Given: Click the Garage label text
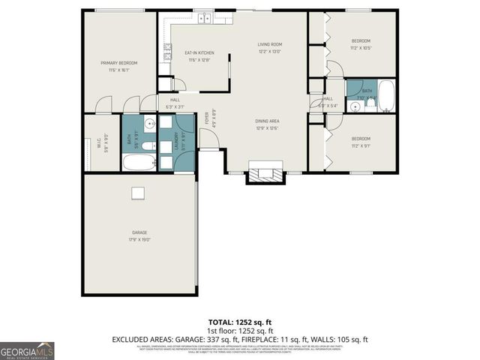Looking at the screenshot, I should pyautogui.click(x=139, y=237).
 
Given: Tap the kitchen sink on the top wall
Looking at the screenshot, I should pyautogui.click(x=203, y=18).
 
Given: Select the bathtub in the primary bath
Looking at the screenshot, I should pyautogui.click(x=139, y=163).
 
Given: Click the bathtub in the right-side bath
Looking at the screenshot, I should pyautogui.click(x=387, y=96).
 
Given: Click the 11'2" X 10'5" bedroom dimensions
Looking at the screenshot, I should pyautogui.click(x=361, y=47).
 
